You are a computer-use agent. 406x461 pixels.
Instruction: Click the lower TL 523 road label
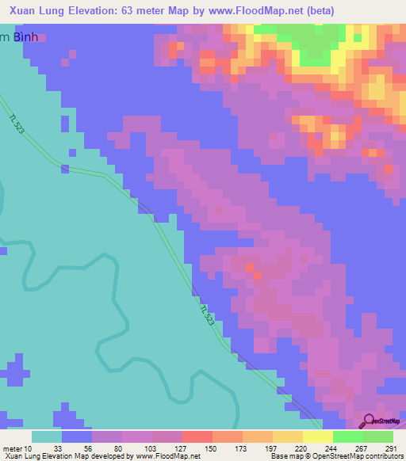tap(206, 314)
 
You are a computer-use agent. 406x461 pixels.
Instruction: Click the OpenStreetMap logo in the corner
tap(381, 422)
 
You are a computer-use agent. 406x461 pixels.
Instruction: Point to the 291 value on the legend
tap(389, 449)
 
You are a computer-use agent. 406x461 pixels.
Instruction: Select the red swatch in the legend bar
tap(197, 436)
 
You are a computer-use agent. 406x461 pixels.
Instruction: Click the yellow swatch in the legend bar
tap(317, 436)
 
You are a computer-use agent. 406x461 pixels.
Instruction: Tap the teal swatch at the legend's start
tap(47, 436)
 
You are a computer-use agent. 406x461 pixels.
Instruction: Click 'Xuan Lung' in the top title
tap(36, 10)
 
